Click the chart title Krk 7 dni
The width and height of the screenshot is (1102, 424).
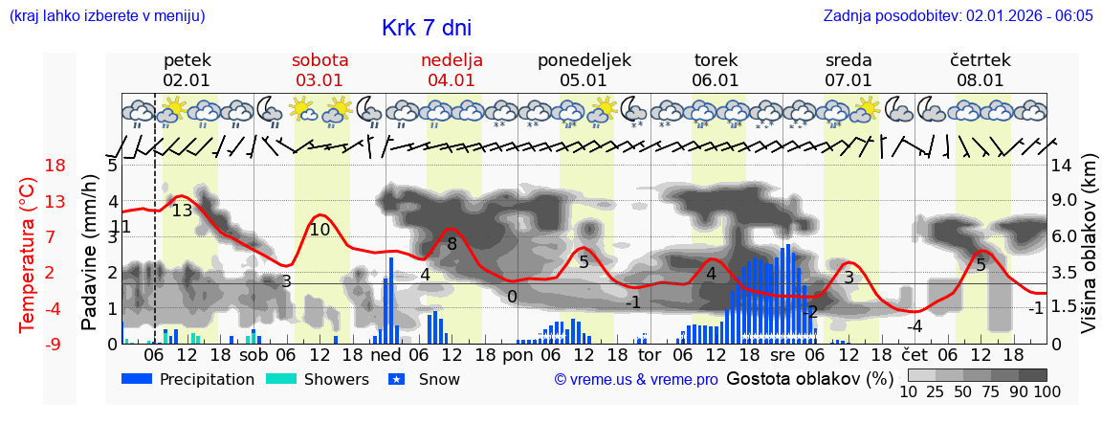point(426,29)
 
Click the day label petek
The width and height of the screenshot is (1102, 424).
point(187,60)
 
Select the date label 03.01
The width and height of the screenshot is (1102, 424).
point(320,80)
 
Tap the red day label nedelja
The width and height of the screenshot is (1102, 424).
point(452,60)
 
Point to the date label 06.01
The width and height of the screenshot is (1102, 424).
point(716,80)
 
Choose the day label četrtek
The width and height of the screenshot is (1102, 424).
point(980,60)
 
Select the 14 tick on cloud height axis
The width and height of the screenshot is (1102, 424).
point(1064,165)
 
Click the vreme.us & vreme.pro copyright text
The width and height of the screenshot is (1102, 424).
point(636,380)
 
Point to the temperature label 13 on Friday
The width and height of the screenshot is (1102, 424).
point(182,211)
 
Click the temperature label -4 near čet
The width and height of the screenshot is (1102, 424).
point(914,326)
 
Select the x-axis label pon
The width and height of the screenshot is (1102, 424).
point(518,354)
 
